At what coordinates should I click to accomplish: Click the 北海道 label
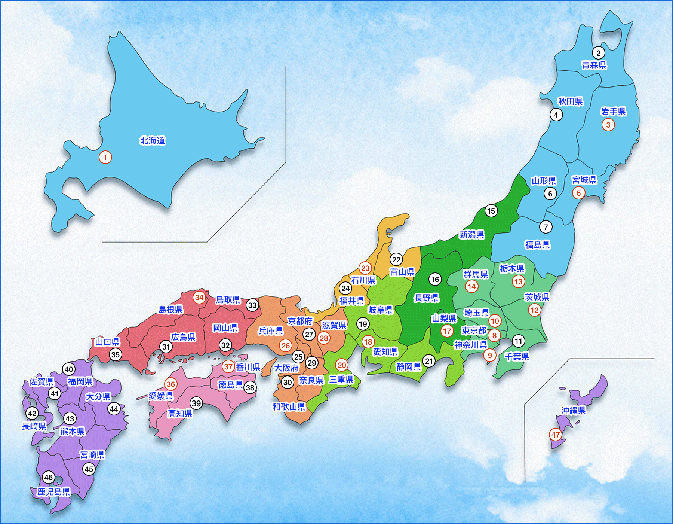153,141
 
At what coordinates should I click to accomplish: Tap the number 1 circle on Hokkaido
105,157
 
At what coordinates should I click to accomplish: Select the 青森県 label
594,65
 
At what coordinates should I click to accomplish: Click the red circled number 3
608,125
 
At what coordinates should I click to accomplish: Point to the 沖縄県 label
573,411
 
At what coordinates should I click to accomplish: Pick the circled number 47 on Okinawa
556,435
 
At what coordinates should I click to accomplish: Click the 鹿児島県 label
54,491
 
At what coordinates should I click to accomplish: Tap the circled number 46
49,477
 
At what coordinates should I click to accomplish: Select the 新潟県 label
471,235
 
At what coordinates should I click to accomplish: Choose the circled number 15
491,211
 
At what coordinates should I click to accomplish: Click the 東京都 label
474,330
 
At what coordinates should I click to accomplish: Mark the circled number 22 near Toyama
396,259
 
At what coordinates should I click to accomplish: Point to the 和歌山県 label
289,406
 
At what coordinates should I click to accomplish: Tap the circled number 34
199,298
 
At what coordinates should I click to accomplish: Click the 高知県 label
180,413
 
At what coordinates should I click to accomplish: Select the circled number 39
196,403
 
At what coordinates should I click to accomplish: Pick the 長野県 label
426,298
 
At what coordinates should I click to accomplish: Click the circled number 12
534,310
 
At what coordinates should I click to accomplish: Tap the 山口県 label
107,342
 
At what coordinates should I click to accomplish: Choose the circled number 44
114,409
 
